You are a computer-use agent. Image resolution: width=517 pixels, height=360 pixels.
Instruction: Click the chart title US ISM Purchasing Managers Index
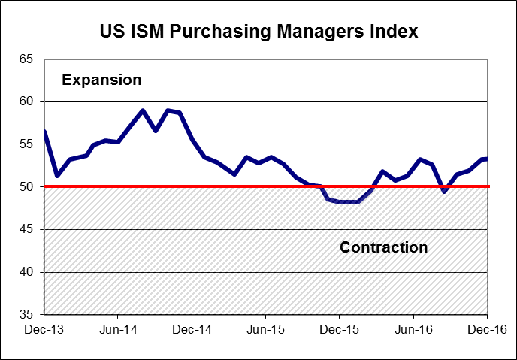pos(258,32)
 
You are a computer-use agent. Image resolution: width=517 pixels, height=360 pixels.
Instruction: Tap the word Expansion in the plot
pos(101,80)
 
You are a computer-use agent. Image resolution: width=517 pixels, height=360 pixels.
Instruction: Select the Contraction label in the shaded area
pos(383,247)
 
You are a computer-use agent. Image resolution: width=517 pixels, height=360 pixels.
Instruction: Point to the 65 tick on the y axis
pos(28,59)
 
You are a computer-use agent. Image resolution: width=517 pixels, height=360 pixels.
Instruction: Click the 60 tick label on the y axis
pos(28,101)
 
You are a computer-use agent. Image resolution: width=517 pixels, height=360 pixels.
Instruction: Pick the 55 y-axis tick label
pos(28,144)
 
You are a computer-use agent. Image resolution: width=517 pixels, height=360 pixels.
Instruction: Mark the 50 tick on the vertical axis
pos(28,186)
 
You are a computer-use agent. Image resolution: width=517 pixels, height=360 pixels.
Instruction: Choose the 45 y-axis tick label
pos(28,229)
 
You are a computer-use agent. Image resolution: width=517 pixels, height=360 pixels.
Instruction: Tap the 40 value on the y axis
pos(28,272)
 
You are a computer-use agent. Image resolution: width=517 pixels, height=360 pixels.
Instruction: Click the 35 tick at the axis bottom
pos(28,315)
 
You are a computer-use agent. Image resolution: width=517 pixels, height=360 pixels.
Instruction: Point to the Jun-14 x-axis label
pos(119,329)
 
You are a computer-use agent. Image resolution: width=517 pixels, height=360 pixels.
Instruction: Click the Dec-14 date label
pos(192,329)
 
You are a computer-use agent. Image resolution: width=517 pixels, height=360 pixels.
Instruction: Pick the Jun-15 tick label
pos(266,329)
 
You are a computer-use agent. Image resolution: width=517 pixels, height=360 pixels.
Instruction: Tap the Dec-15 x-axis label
pos(340,329)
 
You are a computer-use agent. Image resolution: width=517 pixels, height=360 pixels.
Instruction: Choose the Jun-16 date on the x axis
pos(414,329)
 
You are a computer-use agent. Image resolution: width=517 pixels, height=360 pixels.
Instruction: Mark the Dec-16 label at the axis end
pos(488,329)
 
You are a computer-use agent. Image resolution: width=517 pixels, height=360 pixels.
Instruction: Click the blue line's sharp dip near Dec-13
pos(57,176)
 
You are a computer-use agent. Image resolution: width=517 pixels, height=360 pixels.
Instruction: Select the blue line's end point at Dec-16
pos(488,159)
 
